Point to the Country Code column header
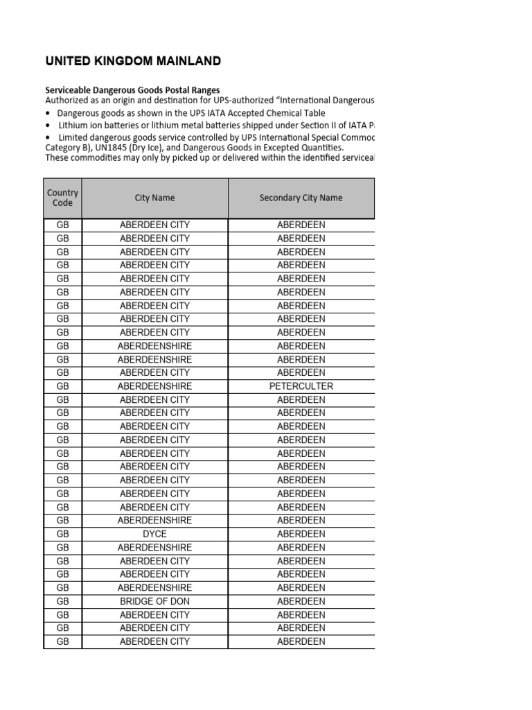[62, 198]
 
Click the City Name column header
[154, 198]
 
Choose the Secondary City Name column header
[301, 198]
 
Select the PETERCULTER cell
[301, 386]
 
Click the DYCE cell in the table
[154, 534]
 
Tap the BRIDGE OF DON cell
[154, 601]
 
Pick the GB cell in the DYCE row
[62, 534]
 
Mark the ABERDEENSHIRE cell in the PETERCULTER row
[154, 386]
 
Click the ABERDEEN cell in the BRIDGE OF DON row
[301, 601]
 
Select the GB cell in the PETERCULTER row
[62, 386]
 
